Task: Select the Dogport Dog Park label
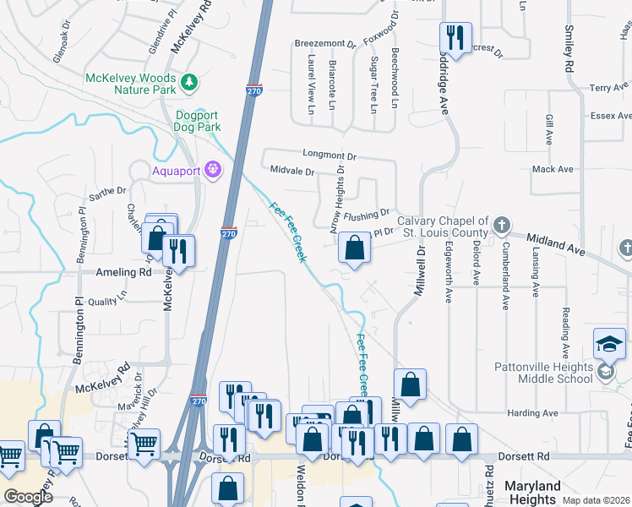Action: pyautogui.click(x=198, y=121)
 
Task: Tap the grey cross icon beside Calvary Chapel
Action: pyautogui.click(x=502, y=225)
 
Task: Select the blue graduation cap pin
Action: pyautogui.click(x=609, y=343)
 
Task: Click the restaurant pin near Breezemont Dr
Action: pyautogui.click(x=455, y=38)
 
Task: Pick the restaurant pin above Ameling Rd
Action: pyautogui.click(x=178, y=250)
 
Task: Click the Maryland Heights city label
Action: pyautogui.click(x=532, y=493)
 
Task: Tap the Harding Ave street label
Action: pyautogui.click(x=532, y=413)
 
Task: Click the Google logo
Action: pyautogui.click(x=29, y=497)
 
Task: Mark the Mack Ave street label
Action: pyautogui.click(x=553, y=169)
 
